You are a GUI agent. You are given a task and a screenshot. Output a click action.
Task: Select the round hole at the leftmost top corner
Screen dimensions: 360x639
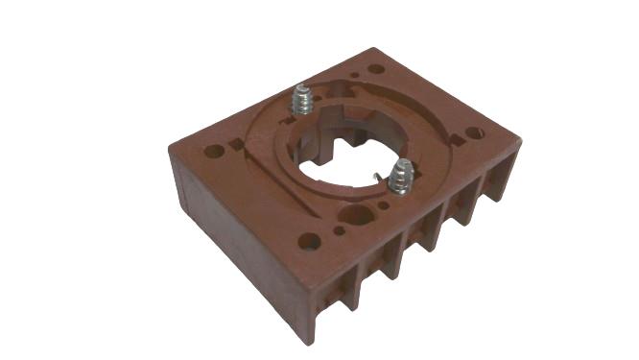pyautogui.click(x=215, y=151)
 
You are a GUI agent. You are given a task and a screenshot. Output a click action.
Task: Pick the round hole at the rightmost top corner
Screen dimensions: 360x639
pyautogui.click(x=474, y=132)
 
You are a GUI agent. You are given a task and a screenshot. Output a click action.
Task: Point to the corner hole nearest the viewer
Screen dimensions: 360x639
pyautogui.click(x=309, y=241)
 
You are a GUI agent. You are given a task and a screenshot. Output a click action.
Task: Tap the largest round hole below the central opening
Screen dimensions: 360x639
pyautogui.click(x=356, y=215)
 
